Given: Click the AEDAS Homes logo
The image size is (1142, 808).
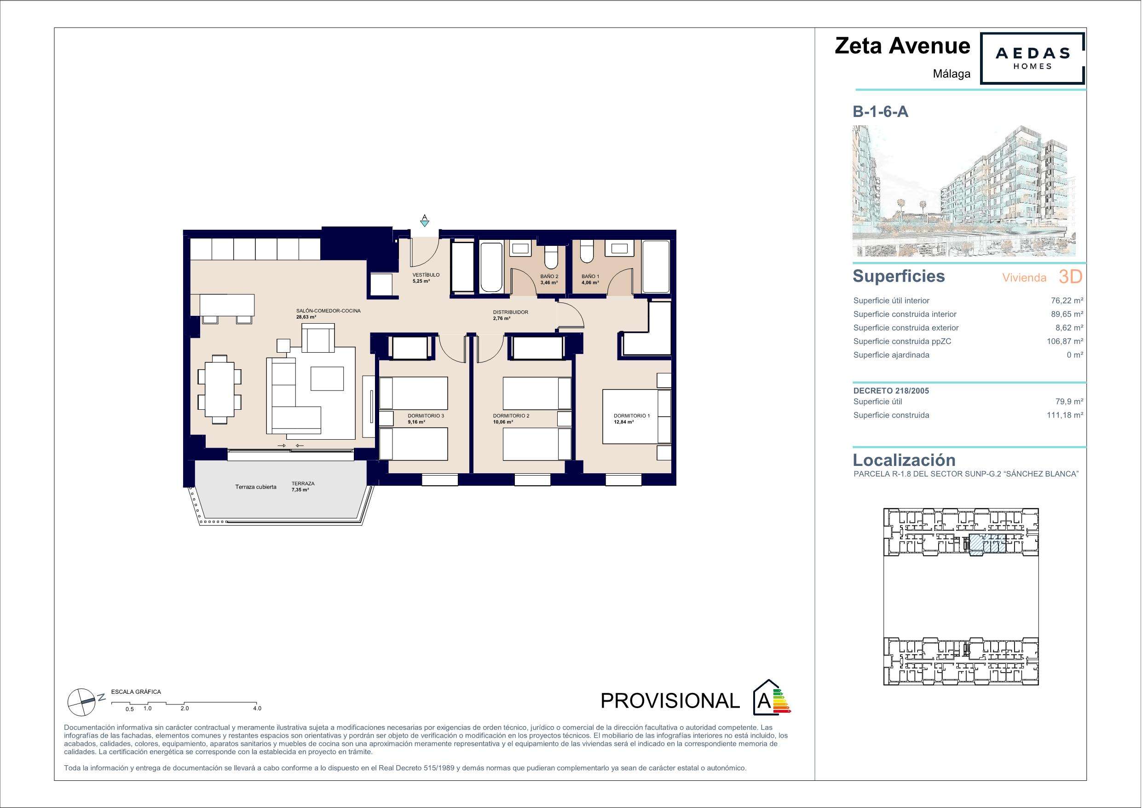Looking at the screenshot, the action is click(x=1032, y=58).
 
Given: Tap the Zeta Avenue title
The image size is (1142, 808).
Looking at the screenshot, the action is click(x=902, y=46).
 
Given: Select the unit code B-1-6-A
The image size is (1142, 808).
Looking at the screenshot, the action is click(x=880, y=112).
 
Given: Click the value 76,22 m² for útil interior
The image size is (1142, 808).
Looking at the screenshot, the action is click(x=1065, y=300).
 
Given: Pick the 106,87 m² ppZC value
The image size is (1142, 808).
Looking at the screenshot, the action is click(x=1065, y=341).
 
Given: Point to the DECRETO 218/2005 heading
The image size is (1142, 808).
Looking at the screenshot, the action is click(x=891, y=391).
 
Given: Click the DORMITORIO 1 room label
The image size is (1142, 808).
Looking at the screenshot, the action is click(x=632, y=416).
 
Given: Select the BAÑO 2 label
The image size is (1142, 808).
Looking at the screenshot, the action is click(x=549, y=276).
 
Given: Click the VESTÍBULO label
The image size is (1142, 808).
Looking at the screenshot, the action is click(x=426, y=275).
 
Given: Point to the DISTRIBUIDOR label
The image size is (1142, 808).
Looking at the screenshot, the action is click(x=510, y=312).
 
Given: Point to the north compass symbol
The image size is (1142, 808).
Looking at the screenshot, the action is click(x=81, y=700).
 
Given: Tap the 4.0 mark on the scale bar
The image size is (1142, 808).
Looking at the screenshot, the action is click(x=257, y=709).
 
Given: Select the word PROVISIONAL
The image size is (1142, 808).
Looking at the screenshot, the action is click(x=670, y=700).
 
